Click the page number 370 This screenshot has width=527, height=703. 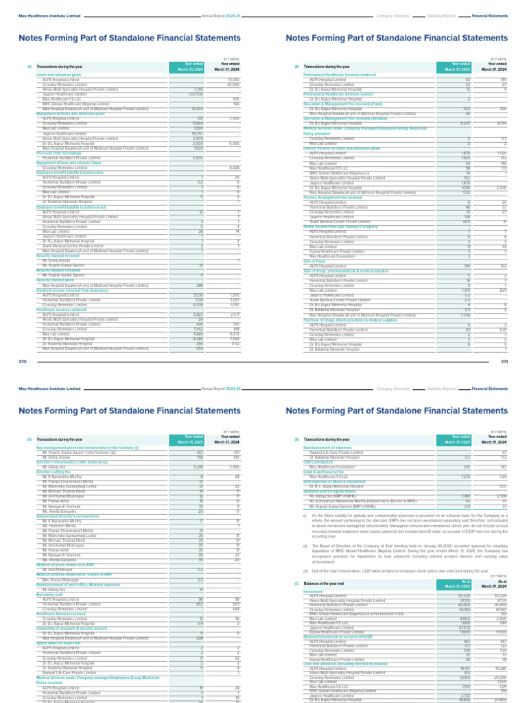(22, 362)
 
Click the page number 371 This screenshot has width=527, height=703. (504, 362)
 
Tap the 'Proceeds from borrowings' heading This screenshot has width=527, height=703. (56, 153)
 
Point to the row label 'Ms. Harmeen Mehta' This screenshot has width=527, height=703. (58, 526)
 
